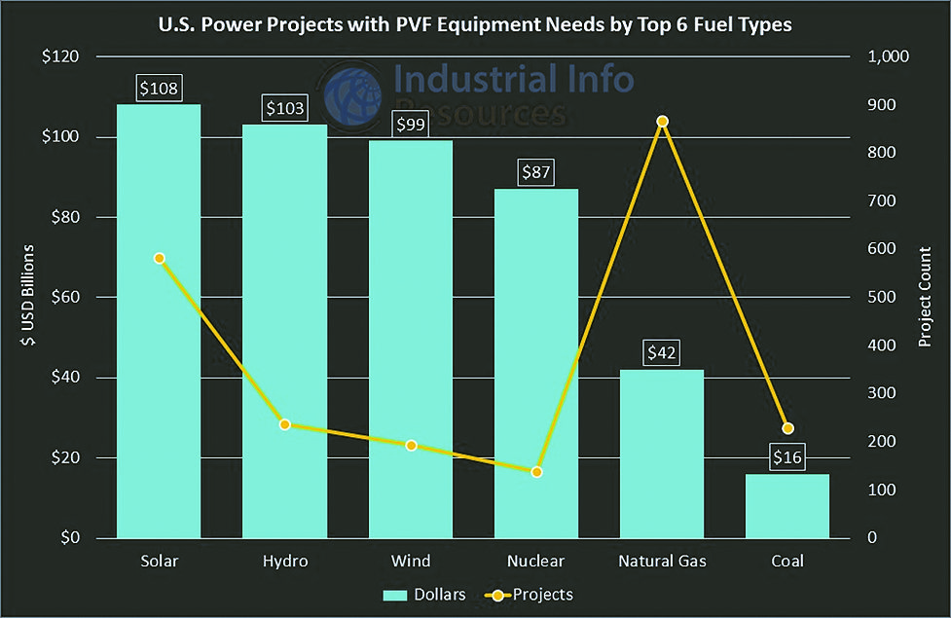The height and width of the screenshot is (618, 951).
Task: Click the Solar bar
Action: (x=159, y=389)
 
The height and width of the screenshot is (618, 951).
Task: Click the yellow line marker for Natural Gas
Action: (x=662, y=122)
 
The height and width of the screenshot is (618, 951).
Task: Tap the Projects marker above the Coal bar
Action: (x=788, y=428)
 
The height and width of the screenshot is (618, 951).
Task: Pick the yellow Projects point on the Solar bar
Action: (x=159, y=259)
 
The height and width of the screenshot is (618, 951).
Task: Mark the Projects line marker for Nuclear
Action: (x=536, y=472)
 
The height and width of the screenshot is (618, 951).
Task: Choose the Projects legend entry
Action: (x=531, y=595)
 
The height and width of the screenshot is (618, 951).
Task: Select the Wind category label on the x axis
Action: (x=411, y=563)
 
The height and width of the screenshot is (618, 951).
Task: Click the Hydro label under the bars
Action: (x=285, y=563)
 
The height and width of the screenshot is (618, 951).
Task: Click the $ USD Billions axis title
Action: (x=29, y=297)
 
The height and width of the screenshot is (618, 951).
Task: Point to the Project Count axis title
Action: (x=925, y=297)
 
